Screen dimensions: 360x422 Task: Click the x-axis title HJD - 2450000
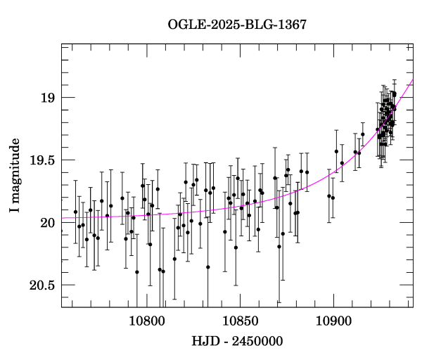[237, 342]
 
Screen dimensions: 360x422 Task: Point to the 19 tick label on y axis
[47, 98]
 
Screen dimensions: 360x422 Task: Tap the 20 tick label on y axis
[47, 223]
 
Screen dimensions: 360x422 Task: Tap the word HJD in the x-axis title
[204, 342]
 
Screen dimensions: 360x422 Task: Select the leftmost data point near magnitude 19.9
[75, 212]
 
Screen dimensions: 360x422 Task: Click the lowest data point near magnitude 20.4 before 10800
[137, 272]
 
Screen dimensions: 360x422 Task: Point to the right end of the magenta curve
[413, 80]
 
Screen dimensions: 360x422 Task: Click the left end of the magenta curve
[62, 218]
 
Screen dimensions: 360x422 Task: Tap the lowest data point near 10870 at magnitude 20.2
[279, 247]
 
